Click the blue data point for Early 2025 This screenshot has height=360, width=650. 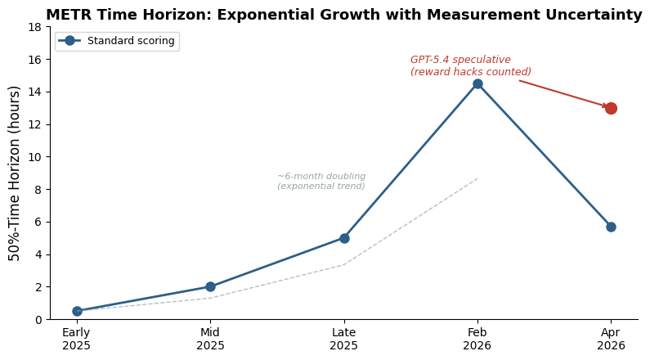(x=77, y=311)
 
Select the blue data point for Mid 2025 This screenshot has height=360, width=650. (x=210, y=286)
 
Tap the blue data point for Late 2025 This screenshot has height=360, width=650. (x=344, y=238)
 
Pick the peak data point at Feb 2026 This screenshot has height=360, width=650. (x=477, y=83)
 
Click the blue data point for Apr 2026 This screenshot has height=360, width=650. (x=611, y=227)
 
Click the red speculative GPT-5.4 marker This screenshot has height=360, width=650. (x=611, y=108)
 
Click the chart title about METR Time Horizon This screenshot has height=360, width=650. (x=343, y=15)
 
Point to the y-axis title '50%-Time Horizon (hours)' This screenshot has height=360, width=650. (x=16, y=173)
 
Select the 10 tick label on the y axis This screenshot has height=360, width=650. (x=38, y=157)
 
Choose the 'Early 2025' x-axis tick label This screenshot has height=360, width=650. (x=77, y=340)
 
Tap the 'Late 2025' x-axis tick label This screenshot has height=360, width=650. (x=344, y=340)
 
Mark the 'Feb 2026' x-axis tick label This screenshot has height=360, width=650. (x=477, y=340)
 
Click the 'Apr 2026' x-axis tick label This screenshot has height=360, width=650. (x=611, y=340)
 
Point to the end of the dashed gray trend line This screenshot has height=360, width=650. (x=477, y=179)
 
